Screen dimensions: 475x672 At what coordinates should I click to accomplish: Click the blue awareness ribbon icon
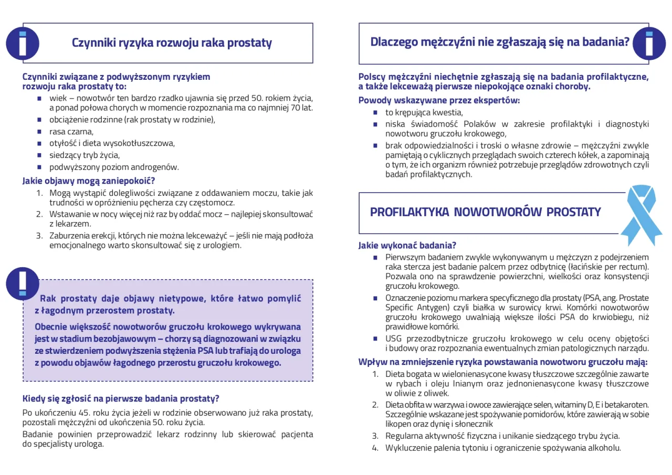pos(641,215)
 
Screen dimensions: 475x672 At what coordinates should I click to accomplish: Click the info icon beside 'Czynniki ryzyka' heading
pos(22,43)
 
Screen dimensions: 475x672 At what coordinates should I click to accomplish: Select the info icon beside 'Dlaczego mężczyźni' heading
pos(649,43)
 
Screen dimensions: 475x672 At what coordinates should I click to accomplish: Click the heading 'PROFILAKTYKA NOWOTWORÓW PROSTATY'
pos(485,212)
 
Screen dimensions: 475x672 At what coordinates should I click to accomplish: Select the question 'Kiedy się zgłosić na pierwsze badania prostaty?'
pos(121,398)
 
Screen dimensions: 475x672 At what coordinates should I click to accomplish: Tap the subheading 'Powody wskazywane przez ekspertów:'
pos(439,100)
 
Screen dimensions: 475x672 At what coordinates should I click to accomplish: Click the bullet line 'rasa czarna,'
pos(71,131)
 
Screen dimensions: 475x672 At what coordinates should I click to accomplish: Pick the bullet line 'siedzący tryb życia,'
pos(85,155)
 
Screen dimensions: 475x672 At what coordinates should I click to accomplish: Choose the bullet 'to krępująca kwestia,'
pos(424,112)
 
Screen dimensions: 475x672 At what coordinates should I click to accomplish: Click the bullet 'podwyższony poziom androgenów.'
pos(114,167)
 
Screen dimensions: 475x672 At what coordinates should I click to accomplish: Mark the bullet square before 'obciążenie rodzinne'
pos(39,120)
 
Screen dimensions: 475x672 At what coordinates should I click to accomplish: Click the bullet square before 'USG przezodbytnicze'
pos(375,338)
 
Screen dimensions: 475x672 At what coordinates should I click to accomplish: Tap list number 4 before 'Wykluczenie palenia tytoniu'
pos(375,448)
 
